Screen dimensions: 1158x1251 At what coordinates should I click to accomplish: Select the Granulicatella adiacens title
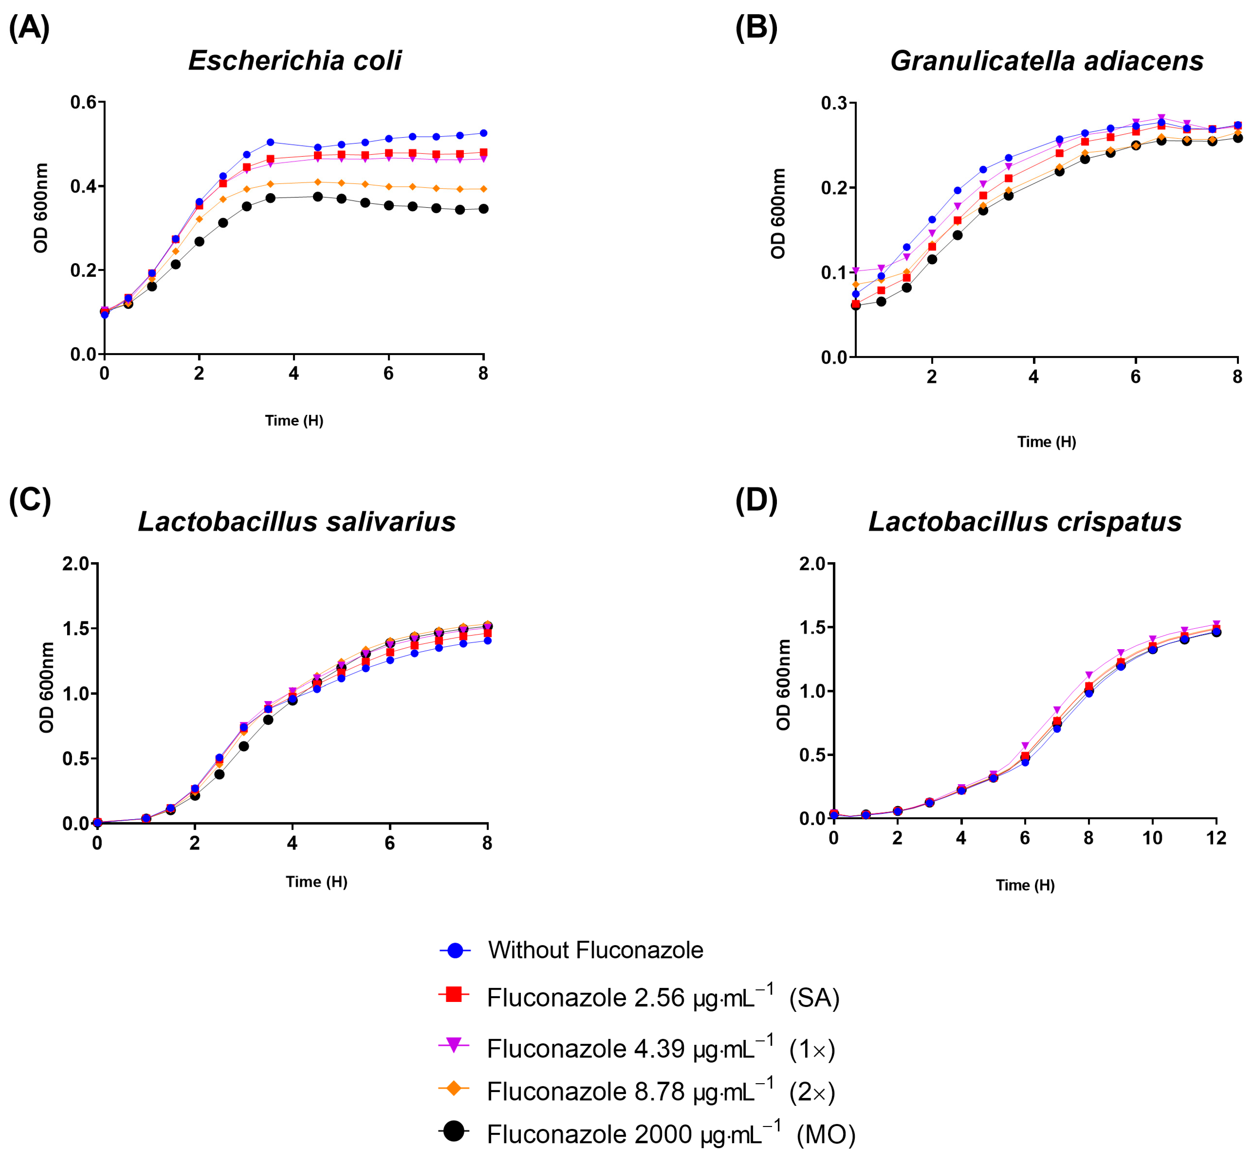click(1046, 61)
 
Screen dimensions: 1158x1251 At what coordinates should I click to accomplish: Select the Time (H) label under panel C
click(317, 882)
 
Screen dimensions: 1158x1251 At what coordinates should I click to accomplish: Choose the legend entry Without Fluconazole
click(595, 950)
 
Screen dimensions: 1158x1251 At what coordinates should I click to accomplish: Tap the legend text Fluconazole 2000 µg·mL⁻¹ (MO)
click(670, 1134)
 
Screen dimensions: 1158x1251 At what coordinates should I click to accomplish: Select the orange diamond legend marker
click(454, 1089)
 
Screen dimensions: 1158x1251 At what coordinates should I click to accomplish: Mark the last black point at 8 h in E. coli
click(483, 209)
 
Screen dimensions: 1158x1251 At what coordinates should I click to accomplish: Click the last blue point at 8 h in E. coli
click(483, 133)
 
